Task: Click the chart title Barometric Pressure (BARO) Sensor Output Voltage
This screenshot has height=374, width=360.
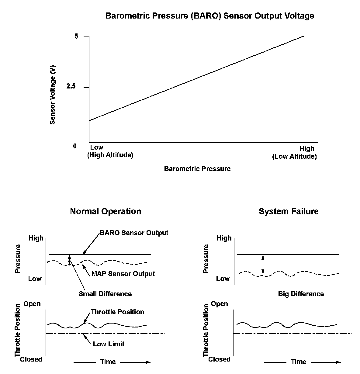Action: point(209,16)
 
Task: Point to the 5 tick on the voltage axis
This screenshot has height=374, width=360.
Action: point(76,36)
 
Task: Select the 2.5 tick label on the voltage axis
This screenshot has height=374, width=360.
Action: point(71,87)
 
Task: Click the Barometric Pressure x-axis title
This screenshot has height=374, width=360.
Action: point(197,169)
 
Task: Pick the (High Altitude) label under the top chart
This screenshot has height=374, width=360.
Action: point(110,155)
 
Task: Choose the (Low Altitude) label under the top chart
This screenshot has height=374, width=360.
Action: point(294,157)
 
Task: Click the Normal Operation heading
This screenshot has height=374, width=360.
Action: point(106,211)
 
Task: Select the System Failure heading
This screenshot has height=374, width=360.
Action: point(288,211)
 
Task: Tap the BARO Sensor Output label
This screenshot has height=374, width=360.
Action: point(134,233)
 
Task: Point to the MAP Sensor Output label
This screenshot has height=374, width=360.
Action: point(123,274)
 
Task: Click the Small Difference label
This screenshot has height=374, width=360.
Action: point(105,294)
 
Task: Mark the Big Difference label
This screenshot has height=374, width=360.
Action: point(301,294)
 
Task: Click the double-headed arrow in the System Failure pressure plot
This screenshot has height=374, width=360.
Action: point(263,265)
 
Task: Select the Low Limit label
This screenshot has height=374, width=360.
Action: point(109,344)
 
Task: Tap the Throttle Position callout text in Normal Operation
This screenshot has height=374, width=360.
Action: point(117,312)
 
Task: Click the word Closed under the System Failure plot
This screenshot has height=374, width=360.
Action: point(219,359)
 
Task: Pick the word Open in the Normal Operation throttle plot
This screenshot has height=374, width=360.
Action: point(32,304)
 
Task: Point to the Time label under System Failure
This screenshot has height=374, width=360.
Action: point(298,362)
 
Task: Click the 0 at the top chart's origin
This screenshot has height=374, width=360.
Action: point(75,146)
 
